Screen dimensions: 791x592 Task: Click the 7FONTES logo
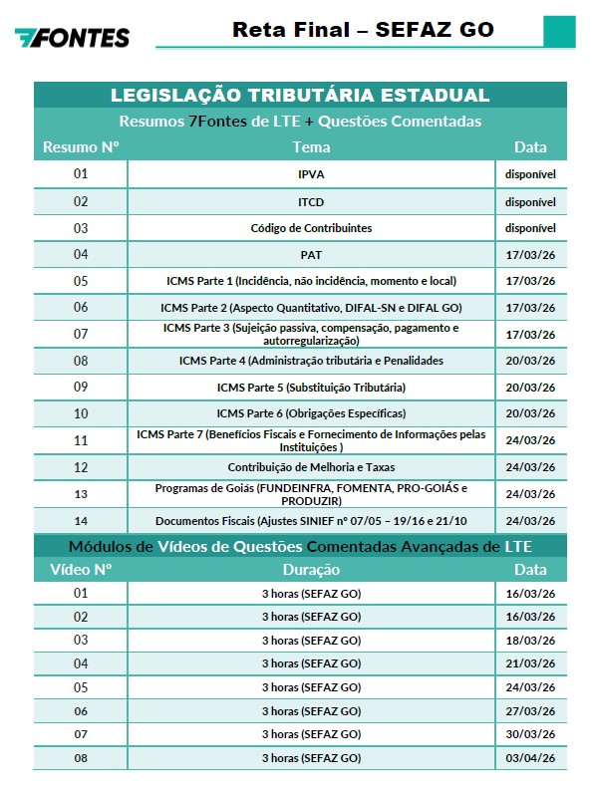(x=72, y=38)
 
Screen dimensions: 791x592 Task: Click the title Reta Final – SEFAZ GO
(x=363, y=29)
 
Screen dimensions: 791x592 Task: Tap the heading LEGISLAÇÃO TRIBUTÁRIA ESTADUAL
(x=300, y=96)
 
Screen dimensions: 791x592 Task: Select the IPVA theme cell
(x=311, y=174)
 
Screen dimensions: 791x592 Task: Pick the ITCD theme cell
(x=311, y=201)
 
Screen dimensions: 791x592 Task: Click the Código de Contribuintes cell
(x=311, y=228)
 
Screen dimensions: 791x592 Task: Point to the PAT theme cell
(x=311, y=255)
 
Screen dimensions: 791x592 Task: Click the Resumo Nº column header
(x=81, y=147)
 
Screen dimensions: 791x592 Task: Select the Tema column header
(x=311, y=147)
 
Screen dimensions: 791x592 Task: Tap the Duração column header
(x=311, y=570)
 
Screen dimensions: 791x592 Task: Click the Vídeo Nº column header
(x=81, y=570)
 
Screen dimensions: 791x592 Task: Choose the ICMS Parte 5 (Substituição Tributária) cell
(x=311, y=387)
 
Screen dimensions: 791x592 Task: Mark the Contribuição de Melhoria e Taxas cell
(x=311, y=466)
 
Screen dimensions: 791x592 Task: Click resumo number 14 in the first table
(x=81, y=520)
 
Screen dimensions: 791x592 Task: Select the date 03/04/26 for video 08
(x=530, y=759)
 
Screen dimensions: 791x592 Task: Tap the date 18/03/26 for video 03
(x=530, y=640)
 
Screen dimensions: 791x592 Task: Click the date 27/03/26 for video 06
(x=530, y=711)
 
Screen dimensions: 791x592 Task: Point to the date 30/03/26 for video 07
(x=530, y=735)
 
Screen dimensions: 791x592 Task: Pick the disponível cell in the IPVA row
(x=530, y=174)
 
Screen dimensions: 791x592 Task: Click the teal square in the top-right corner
(x=559, y=30)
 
